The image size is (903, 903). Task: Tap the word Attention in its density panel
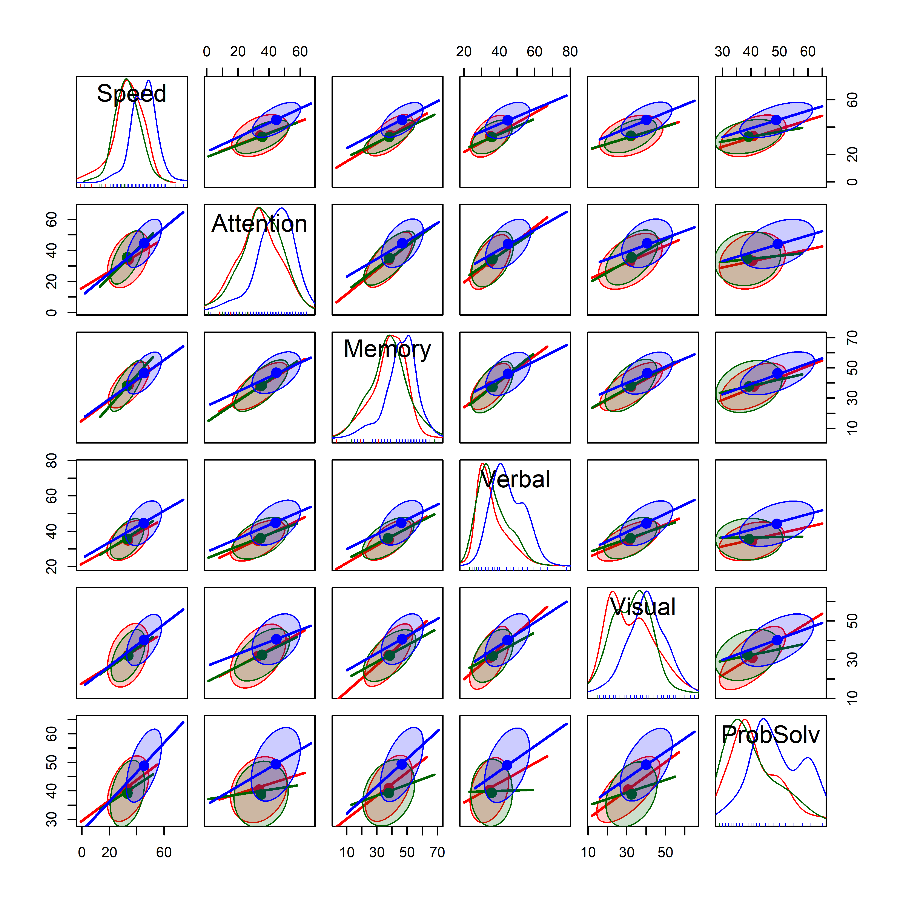coord(260,224)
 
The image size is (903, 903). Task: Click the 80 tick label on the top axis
coord(570,51)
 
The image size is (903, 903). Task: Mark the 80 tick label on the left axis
coord(51,461)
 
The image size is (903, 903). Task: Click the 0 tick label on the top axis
coord(207,51)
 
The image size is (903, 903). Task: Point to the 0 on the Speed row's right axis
coord(852,182)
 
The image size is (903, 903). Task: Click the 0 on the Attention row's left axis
coord(51,312)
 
